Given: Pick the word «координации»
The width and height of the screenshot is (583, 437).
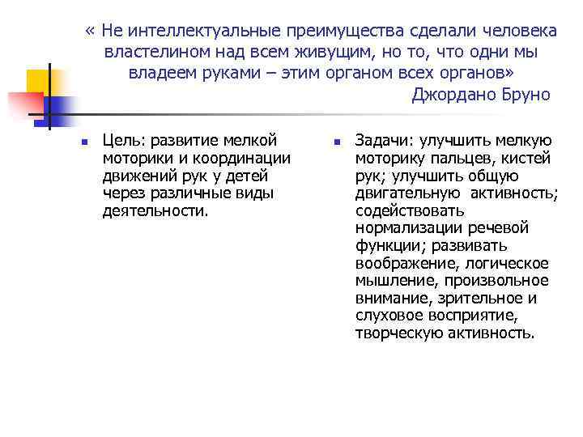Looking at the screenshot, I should click(240, 159).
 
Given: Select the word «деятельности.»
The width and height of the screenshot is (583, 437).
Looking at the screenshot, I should click(155, 211).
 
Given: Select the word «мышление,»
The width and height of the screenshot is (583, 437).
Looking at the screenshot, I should click(391, 281).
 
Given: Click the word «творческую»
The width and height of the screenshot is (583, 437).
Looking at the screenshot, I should click(393, 333).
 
